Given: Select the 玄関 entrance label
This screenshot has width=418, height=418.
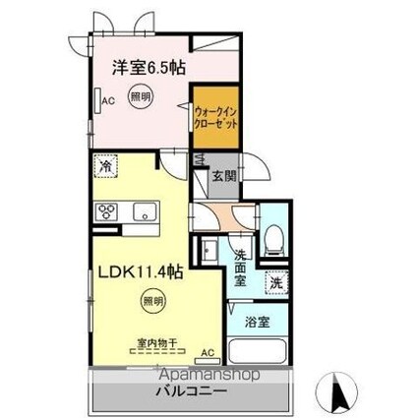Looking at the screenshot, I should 223,178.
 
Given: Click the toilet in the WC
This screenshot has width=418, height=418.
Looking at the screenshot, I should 276,237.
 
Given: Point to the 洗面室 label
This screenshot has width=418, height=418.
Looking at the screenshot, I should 241,270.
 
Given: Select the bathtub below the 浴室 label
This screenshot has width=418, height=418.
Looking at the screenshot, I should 258,351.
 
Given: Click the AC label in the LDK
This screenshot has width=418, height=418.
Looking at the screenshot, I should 207,351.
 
